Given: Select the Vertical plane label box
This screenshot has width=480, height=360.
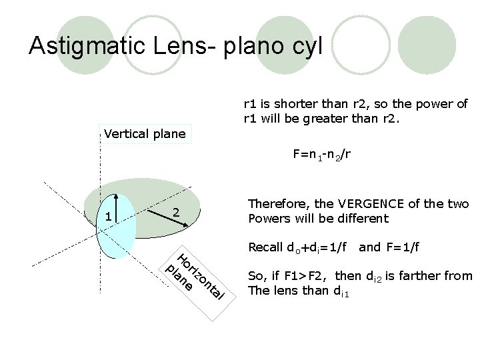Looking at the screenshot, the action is (x=145, y=134).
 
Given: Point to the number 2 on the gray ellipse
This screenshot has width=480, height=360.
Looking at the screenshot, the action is (x=175, y=212).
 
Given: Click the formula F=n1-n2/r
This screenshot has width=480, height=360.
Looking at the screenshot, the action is (x=321, y=155).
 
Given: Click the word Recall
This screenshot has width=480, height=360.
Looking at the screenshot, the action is (x=264, y=248).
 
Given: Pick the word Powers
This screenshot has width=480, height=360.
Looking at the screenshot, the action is (x=268, y=219).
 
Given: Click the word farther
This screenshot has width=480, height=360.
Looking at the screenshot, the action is (x=425, y=276).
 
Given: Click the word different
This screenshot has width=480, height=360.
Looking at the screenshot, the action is (x=363, y=219).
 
